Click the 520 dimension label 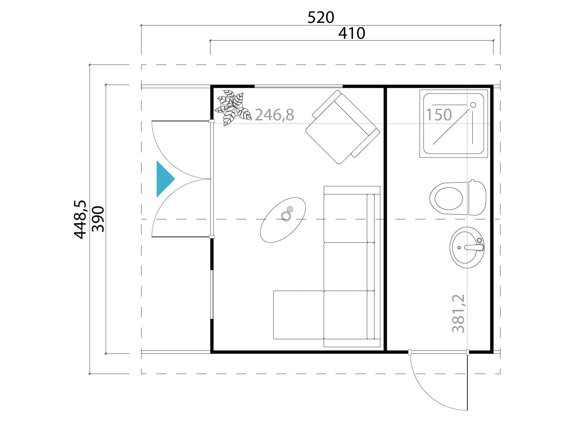click(321, 18)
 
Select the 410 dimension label click(352, 33)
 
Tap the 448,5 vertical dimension click(80, 219)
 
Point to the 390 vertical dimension click(98, 219)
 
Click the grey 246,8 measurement click(274, 115)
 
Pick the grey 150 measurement click(439, 115)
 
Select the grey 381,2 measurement click(458, 313)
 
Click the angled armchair click(343, 127)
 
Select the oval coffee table click(283, 220)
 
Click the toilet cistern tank click(477, 198)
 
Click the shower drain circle click(473, 105)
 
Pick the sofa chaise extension click(298, 315)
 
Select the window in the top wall click(298, 86)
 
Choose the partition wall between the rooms click(385, 219)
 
